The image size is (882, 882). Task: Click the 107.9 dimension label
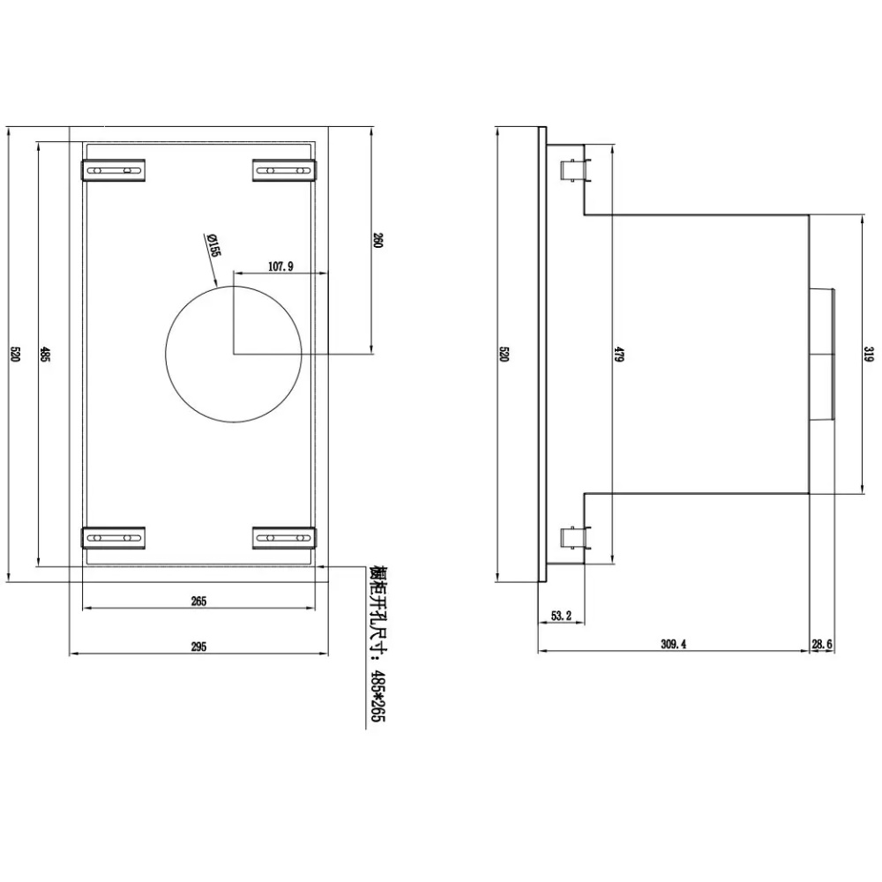click(x=280, y=266)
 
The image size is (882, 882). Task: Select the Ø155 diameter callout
click(x=213, y=245)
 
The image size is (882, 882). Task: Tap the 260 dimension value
click(x=377, y=241)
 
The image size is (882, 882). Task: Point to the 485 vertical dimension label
click(x=44, y=355)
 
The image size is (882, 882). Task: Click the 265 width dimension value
click(x=198, y=602)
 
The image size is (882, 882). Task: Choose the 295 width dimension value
click(x=198, y=647)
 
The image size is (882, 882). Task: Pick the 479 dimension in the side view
click(x=618, y=355)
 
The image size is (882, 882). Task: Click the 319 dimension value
click(x=870, y=355)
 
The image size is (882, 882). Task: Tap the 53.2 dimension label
click(x=561, y=616)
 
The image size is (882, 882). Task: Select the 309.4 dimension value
click(x=673, y=645)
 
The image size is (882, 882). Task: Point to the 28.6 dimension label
click(x=822, y=645)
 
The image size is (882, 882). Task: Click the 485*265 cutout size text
click(x=378, y=696)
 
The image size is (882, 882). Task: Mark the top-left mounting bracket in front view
click(x=114, y=170)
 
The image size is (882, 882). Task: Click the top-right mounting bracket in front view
click(x=284, y=170)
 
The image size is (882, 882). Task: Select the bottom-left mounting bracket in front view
click(x=114, y=538)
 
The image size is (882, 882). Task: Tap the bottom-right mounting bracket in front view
click(x=284, y=538)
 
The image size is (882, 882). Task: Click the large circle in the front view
click(x=234, y=354)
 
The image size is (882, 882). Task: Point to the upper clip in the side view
click(x=575, y=171)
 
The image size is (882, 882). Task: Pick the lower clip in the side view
click(x=575, y=538)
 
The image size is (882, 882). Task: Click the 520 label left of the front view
click(x=15, y=355)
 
